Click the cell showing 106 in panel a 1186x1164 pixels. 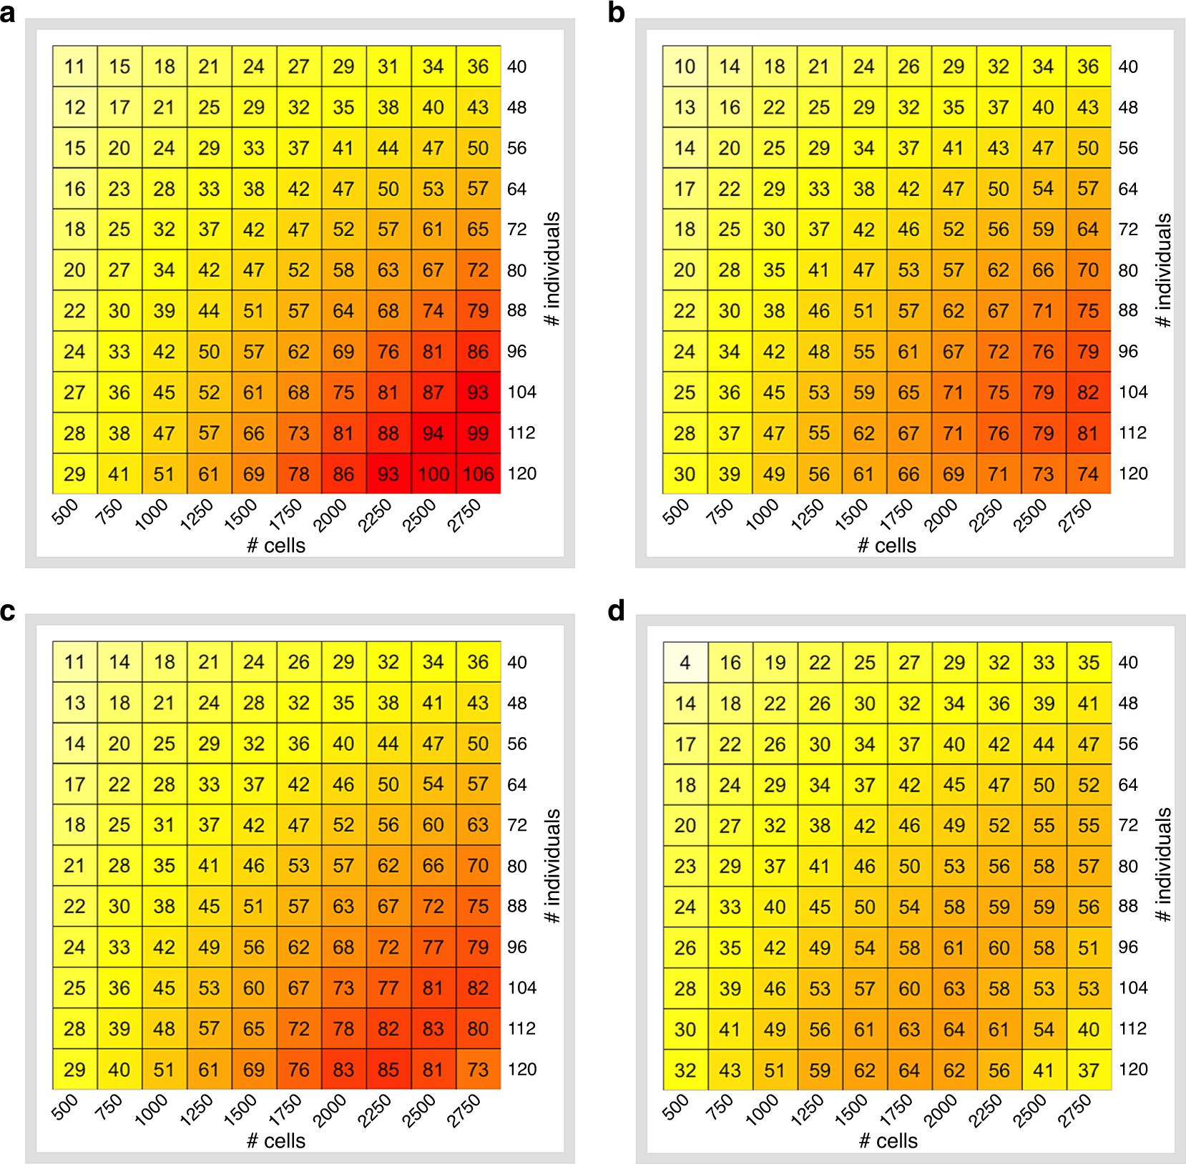coord(478,474)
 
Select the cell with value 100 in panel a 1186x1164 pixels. coord(433,474)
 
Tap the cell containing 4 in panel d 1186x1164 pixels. coord(685,663)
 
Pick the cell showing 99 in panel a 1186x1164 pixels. coord(478,433)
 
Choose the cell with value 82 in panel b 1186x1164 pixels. coord(1088,393)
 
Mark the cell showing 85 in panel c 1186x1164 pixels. coord(388,1070)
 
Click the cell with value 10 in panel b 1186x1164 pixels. coord(685,66)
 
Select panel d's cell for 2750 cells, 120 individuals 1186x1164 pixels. coord(1089,1070)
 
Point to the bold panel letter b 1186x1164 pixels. coord(616,13)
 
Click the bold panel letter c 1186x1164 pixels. coord(8,611)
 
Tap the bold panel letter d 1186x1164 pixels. coord(616,611)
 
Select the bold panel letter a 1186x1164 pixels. coord(8,13)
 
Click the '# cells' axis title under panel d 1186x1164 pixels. coord(888,1140)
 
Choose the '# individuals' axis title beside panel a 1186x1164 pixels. coord(552,269)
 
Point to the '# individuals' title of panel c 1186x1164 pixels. coord(552,865)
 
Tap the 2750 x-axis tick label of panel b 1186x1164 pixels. coord(1075,516)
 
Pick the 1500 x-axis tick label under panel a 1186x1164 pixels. coord(240,516)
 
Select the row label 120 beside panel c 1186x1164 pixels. coord(521,1070)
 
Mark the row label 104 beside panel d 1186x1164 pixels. coord(1133,988)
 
